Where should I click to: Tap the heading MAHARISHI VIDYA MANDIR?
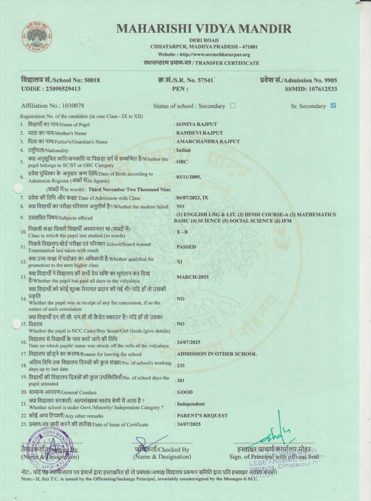(x=204, y=29)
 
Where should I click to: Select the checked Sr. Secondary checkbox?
(x=333, y=106)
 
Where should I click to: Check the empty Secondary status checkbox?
(x=233, y=106)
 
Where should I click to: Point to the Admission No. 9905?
(x=299, y=80)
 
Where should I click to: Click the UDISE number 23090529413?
(x=51, y=89)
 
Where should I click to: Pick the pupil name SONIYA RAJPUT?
(x=197, y=124)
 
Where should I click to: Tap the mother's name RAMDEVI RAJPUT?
(x=200, y=133)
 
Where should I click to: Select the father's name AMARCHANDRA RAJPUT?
(x=208, y=141)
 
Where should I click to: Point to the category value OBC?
(x=182, y=162)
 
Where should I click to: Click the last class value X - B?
(x=182, y=232)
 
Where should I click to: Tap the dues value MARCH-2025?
(x=193, y=277)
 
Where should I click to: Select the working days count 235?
(x=181, y=366)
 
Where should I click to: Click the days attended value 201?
(x=181, y=380)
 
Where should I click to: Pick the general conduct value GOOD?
(x=185, y=392)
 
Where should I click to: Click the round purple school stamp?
(x=50, y=450)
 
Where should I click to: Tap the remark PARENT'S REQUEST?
(x=202, y=416)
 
